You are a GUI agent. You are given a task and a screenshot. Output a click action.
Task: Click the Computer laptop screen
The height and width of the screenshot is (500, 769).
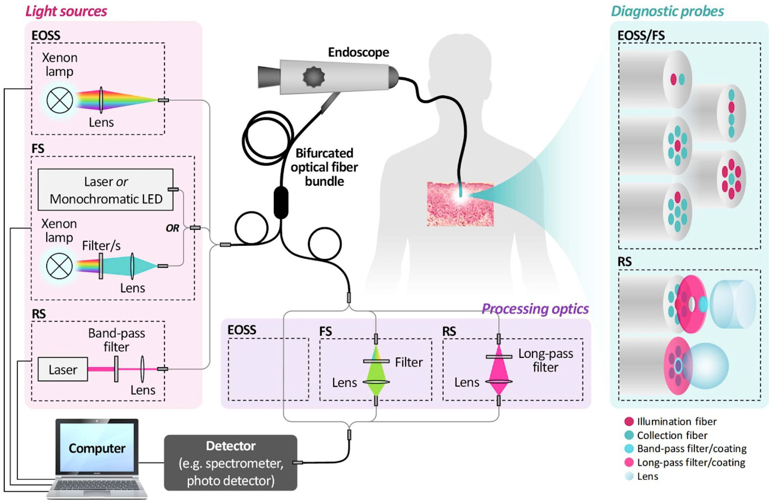pos(97,448)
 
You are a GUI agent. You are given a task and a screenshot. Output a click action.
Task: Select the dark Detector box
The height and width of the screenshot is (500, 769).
pos(231,463)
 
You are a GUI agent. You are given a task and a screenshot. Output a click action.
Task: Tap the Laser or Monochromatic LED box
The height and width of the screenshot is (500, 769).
pos(105,189)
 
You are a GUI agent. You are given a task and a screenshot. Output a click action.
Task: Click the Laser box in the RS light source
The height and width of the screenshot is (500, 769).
pos(62,369)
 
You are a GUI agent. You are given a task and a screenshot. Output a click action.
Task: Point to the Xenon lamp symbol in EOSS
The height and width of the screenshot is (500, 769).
pos(60,100)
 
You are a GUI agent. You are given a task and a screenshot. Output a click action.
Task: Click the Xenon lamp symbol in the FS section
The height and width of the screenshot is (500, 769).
pos(59,266)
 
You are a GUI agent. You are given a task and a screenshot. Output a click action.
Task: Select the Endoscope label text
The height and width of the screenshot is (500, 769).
pos(358,52)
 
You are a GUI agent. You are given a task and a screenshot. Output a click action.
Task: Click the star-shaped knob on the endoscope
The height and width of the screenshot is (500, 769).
pos(314,77)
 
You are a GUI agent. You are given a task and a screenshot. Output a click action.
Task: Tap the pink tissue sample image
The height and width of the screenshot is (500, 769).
pos(460,204)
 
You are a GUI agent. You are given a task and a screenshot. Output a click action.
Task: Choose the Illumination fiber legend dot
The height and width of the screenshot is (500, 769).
pos(629,422)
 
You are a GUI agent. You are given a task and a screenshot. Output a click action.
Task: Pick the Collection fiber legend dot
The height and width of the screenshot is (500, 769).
pos(629,435)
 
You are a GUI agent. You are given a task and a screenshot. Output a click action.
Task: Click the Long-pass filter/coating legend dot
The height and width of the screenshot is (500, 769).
pos(629,462)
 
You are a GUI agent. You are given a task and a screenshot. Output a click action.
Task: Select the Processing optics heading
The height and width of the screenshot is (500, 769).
pos(535,309)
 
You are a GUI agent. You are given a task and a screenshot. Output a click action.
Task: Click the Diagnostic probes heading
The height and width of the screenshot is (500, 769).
pos(667,11)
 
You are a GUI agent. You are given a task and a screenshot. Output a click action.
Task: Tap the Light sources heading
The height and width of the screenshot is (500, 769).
pos(66,11)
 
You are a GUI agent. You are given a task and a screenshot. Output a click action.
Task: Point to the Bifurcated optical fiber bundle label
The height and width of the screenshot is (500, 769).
pos(324,167)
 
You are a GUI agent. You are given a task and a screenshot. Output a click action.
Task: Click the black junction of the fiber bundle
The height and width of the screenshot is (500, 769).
pos(281,202)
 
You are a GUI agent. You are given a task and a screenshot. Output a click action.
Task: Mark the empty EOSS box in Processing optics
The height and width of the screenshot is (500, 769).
pos(268,369)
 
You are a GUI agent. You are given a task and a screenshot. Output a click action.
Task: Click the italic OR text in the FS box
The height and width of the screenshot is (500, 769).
pos(172,228)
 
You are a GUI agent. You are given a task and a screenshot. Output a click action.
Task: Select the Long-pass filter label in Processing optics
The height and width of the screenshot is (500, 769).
pos(546,360)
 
